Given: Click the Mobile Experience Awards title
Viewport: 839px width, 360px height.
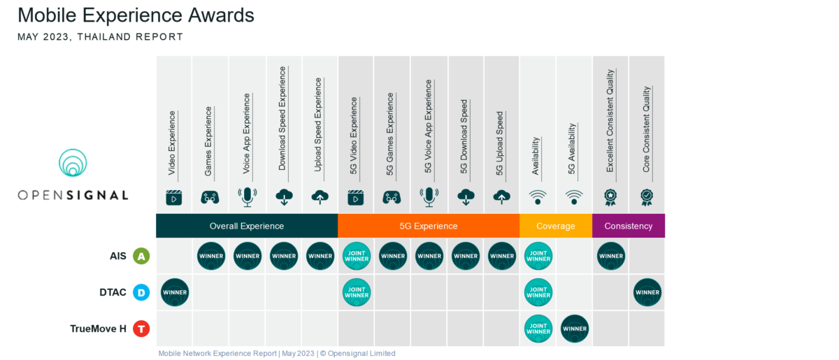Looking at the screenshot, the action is (136, 15).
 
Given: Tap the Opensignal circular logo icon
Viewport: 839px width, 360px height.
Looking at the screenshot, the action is (73, 163).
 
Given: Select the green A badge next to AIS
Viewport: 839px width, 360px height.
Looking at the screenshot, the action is (141, 257).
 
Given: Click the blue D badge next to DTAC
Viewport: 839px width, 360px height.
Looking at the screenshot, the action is (141, 293).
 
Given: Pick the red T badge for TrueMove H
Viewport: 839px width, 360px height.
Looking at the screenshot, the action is (141, 329).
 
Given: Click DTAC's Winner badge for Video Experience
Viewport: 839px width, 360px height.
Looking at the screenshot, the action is (175, 293).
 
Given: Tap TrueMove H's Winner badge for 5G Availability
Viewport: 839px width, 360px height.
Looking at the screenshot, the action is (575, 329).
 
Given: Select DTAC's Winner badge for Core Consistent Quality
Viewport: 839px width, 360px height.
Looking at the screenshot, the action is (647, 293).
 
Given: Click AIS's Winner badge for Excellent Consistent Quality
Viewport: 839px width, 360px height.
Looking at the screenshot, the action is (611, 257).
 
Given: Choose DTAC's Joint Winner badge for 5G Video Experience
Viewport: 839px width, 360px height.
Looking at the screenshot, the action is (356, 293).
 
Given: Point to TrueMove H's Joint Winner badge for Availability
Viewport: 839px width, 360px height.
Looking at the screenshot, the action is (538, 329).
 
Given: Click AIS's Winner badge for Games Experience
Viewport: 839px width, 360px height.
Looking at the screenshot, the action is (211, 257).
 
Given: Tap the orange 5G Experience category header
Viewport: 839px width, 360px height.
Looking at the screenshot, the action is (429, 226).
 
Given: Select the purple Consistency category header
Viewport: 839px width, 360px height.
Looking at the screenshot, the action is (629, 226).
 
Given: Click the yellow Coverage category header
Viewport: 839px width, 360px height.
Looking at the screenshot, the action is (556, 226).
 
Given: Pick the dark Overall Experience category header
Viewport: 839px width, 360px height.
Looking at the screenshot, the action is (247, 226).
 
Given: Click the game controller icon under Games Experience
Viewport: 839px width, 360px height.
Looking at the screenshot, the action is (210, 197).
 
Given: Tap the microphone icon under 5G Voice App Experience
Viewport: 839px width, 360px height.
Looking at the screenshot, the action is (429, 197).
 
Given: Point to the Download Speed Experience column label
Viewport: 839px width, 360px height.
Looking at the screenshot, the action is (282, 118).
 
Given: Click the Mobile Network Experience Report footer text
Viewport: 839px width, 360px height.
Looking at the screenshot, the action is (277, 353).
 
